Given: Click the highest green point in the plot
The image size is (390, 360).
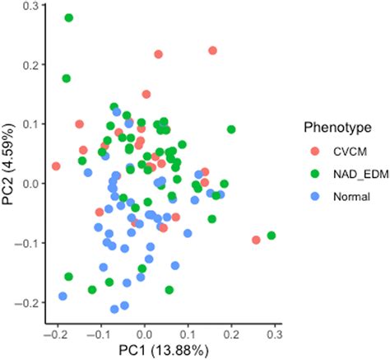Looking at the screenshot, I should click(69, 17).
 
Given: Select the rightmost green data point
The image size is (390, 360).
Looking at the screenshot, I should click(271, 236).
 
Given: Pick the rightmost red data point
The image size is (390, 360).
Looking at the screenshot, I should click(256, 240).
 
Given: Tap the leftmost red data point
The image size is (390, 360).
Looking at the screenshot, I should click(56, 166).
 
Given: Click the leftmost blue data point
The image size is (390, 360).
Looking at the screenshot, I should click(63, 296).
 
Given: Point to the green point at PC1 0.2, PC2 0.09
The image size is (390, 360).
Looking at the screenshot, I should click(231, 129).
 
